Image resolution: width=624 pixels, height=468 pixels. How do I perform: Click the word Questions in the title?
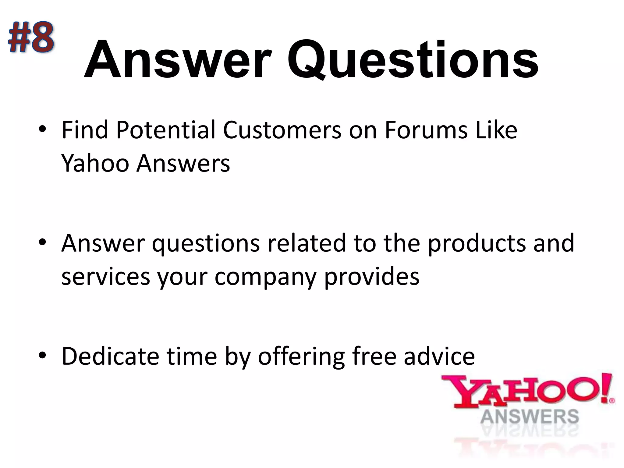point(413,60)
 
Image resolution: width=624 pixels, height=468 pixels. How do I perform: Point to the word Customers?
point(282,130)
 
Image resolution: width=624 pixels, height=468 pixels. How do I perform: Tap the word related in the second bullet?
point(303,243)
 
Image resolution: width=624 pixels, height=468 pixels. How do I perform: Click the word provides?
point(372,277)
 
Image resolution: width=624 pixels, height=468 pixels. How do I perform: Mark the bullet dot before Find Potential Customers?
point(42,131)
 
